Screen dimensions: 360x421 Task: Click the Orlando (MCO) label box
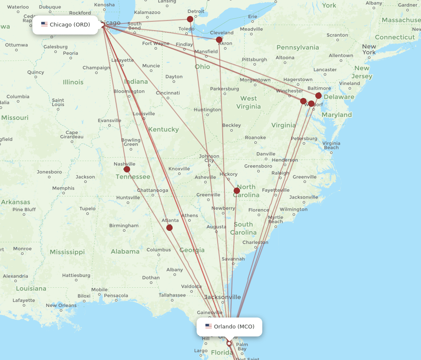tap(229, 327)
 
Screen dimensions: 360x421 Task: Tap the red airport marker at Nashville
tap(127, 169)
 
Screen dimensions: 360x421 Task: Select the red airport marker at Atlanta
tap(169, 228)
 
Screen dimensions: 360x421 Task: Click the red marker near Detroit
tap(190, 19)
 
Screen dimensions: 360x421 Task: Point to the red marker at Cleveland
tap(219, 40)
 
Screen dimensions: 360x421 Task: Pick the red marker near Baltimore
tap(318, 95)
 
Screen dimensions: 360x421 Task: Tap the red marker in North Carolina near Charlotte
tap(237, 191)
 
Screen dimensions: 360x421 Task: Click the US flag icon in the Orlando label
tap(208, 326)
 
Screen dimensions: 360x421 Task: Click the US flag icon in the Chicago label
tap(44, 24)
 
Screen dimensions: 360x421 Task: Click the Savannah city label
tap(233, 259)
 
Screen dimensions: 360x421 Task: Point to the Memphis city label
tap(63, 188)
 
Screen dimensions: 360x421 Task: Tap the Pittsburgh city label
tap(254, 60)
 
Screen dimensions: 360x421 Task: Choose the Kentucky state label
tap(163, 130)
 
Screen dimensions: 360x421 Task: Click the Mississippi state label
tap(67, 252)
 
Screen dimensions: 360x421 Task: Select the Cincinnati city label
tap(168, 93)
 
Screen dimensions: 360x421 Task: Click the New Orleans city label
tap(61, 305)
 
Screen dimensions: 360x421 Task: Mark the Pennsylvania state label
tap(298, 48)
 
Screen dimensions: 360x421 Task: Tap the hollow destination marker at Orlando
tap(229, 343)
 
